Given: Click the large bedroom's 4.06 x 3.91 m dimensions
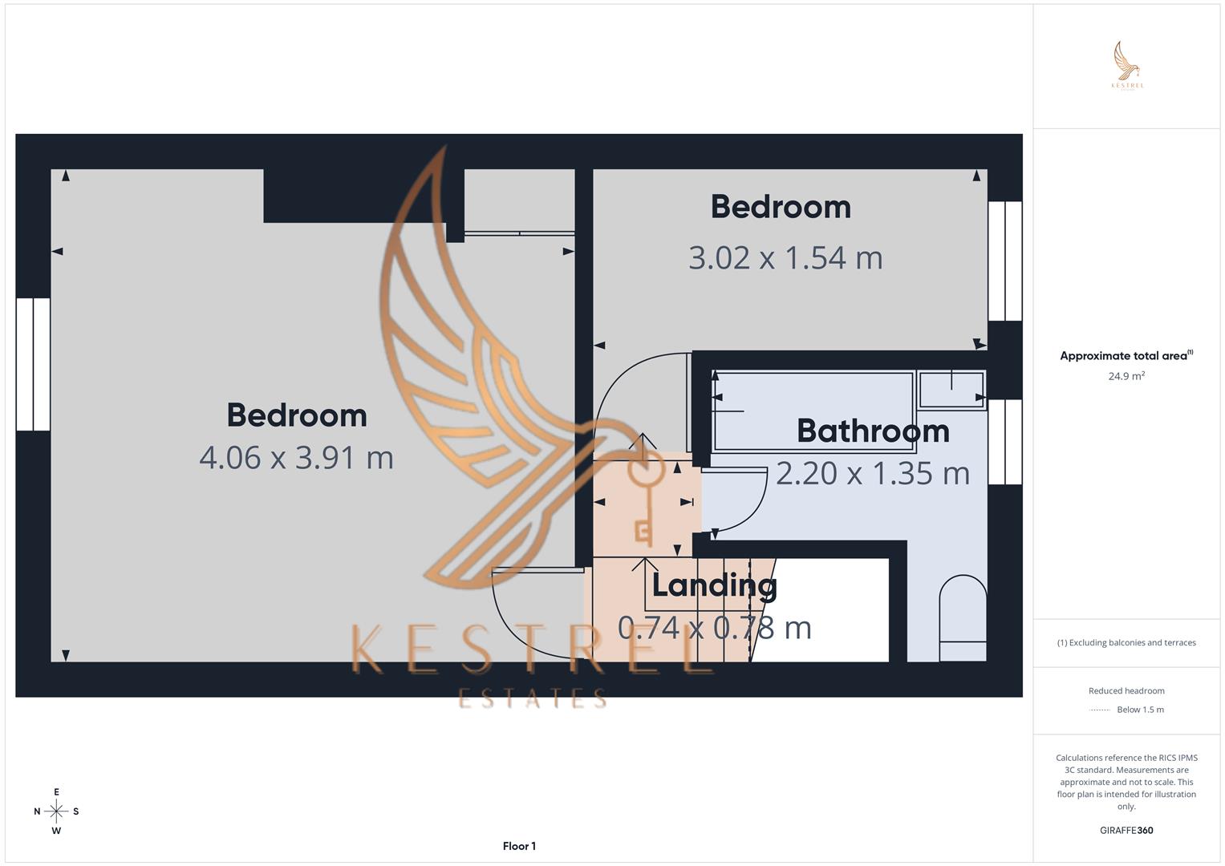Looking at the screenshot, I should [296, 458].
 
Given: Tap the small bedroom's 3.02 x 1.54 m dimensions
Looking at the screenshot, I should [785, 258].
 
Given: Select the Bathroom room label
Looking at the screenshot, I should [873, 431].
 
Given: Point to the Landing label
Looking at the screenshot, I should [714, 585].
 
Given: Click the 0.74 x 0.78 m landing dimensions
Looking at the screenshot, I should [714, 627].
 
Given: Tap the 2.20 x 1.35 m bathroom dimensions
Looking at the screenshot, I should [873, 473].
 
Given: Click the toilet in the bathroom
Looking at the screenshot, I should [963, 619].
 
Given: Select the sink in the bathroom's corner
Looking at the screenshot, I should [951, 389].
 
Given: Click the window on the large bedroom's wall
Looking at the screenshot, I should [33, 364].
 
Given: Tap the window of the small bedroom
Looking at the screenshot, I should [1004, 261].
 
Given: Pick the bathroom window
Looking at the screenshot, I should [1004, 442].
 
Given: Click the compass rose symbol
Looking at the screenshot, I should [56, 811].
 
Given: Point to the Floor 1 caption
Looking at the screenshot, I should [519, 846].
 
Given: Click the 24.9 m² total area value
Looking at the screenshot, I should [1126, 375].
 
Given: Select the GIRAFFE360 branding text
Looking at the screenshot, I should [1126, 830].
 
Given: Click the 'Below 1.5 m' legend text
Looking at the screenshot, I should [1140, 710].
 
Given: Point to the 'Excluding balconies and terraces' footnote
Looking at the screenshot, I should [1126, 642].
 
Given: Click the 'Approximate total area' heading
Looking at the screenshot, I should [1124, 356].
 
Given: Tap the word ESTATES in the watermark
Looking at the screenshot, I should [532, 698].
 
